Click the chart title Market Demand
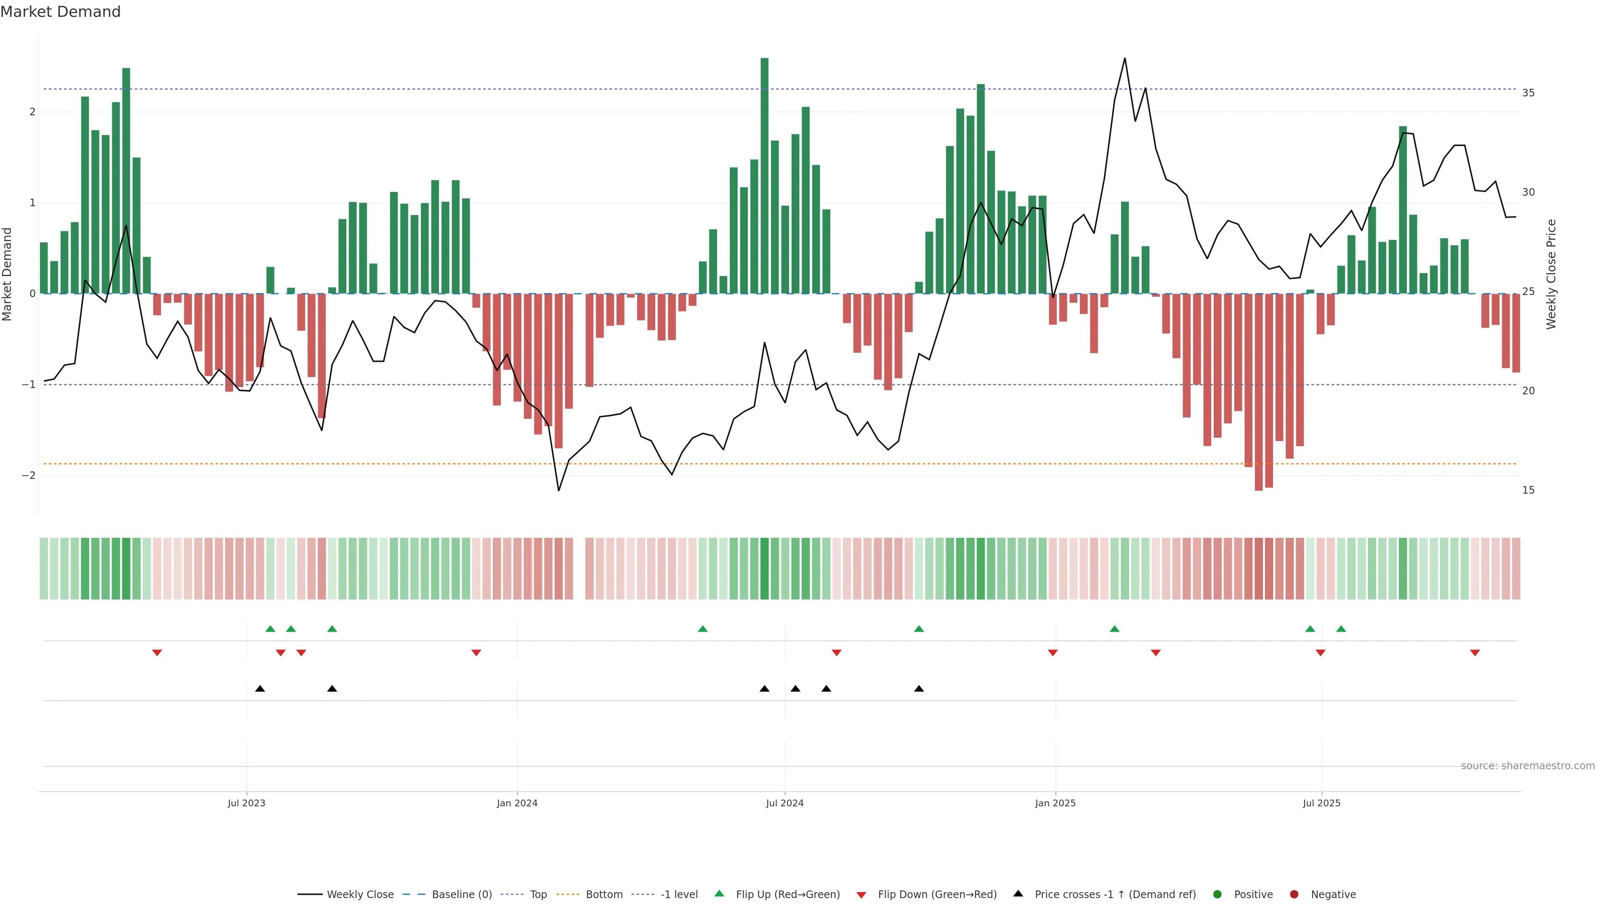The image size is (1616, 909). point(60,12)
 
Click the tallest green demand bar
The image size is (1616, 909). point(764,175)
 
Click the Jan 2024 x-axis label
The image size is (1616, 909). point(517,803)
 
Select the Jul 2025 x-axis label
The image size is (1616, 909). point(1321,803)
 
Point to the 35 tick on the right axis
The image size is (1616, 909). point(1528,93)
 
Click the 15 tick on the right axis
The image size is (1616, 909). point(1528,490)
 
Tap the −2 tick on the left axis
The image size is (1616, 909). point(29,476)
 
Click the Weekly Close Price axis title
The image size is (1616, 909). point(1551,274)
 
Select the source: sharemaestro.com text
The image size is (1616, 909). point(1528,766)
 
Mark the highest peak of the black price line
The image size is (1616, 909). point(1124,58)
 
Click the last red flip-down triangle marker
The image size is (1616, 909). point(1475,653)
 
